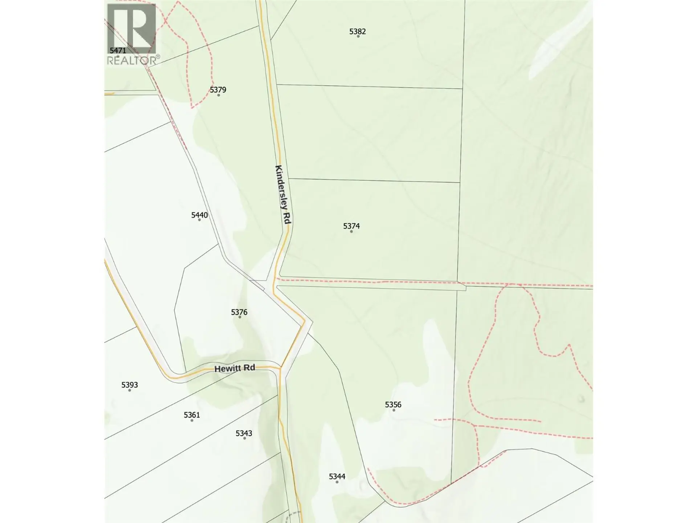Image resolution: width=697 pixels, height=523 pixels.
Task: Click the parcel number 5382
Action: pyautogui.click(x=357, y=31)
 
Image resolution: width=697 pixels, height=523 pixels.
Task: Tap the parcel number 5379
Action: pyautogui.click(x=218, y=89)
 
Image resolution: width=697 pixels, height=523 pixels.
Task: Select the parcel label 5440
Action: pyautogui.click(x=199, y=215)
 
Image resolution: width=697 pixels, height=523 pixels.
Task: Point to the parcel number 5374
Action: pyautogui.click(x=351, y=226)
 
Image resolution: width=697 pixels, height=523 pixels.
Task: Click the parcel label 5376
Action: pyautogui.click(x=239, y=312)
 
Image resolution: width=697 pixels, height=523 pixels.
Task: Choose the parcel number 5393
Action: pyautogui.click(x=129, y=385)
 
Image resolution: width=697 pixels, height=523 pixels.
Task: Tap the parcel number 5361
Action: pyautogui.click(x=192, y=415)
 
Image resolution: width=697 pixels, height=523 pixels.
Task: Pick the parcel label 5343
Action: pyautogui.click(x=244, y=433)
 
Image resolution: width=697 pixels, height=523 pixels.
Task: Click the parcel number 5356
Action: pyautogui.click(x=393, y=404)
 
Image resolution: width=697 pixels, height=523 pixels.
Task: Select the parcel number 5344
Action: pyautogui.click(x=337, y=476)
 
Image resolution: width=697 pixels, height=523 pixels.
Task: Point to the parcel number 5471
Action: pyautogui.click(x=118, y=50)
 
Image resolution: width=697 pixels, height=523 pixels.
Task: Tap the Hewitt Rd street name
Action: pyautogui.click(x=235, y=368)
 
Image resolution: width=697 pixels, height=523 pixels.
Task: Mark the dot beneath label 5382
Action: pyautogui.click(x=358, y=36)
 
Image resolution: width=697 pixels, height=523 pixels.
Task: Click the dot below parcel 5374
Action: pyautogui.click(x=351, y=231)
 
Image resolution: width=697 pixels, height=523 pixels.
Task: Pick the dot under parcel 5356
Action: pyautogui.click(x=394, y=410)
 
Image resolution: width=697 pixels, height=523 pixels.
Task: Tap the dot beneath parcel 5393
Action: pyautogui.click(x=130, y=390)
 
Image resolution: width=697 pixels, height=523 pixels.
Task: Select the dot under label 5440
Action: pyautogui.click(x=199, y=220)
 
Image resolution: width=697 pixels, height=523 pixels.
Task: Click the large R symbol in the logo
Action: pyautogui.click(x=131, y=28)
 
